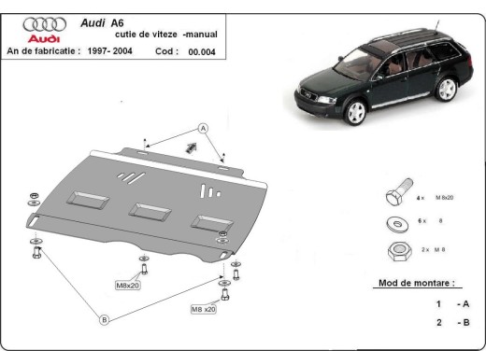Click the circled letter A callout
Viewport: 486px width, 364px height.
(202, 128)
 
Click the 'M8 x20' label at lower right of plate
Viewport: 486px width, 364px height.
(204, 309)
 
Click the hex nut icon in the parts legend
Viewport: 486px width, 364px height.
(393, 250)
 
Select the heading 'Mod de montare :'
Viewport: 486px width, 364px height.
(416, 282)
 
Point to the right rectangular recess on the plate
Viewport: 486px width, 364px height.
(207, 223)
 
